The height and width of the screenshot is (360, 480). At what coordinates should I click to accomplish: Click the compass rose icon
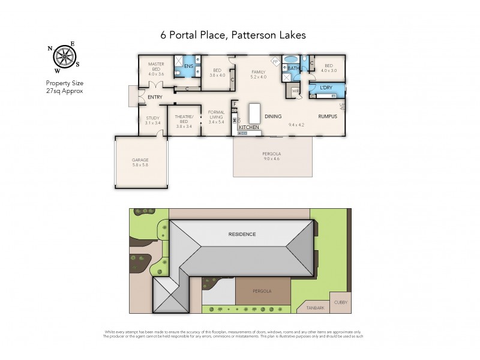click(64, 57)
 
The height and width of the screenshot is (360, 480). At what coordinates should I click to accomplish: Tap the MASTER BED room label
click(155, 64)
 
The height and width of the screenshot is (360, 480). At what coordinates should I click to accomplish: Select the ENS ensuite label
click(188, 66)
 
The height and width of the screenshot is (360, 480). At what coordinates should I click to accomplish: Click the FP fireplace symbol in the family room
click(275, 62)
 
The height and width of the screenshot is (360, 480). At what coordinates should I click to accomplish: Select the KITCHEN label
click(248, 128)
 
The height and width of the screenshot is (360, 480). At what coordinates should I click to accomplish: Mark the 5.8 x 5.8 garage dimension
click(140, 164)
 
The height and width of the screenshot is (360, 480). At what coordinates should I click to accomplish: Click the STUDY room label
click(152, 118)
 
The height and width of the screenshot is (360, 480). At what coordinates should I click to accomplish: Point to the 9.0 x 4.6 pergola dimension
click(272, 159)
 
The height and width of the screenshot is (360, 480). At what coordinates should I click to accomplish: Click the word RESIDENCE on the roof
click(241, 234)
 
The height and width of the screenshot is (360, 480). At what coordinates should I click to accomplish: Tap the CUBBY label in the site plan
click(341, 302)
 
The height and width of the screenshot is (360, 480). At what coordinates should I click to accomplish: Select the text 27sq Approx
click(64, 90)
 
